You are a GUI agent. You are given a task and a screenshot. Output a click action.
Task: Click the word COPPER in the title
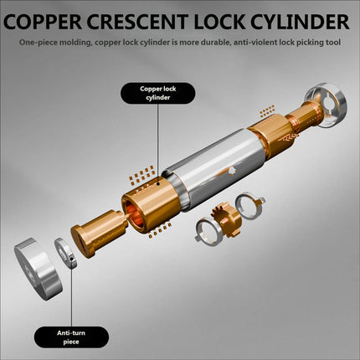[43, 22]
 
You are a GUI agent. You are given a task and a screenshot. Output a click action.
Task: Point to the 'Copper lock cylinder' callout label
[157, 93]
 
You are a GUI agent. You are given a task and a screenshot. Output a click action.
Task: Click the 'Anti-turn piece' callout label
[71, 337]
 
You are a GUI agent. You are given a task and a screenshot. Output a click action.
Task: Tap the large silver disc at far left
[38, 269]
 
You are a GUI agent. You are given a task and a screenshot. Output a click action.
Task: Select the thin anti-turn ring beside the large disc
[65, 254]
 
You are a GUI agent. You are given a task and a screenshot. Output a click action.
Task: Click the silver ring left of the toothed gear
[208, 233]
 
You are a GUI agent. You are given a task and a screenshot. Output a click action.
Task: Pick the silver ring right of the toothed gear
[249, 206]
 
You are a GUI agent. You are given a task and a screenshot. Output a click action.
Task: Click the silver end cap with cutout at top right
[327, 105]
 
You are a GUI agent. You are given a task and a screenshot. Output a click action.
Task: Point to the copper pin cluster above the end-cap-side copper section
[267, 111]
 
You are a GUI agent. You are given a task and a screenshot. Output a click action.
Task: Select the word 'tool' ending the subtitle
[333, 43]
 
